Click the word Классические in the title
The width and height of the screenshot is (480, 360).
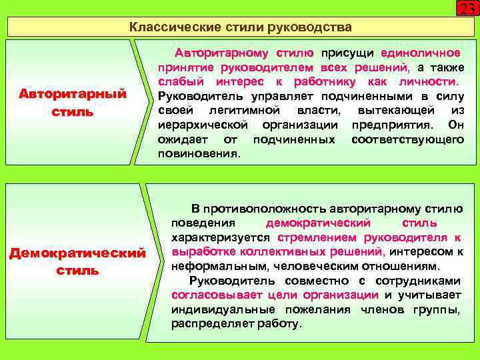coord(165,27)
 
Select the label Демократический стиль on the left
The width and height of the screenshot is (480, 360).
coord(77,262)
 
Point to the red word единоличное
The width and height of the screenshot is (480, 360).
coord(419,53)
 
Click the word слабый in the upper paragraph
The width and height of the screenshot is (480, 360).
coord(177,81)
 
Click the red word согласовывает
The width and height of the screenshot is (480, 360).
coord(217,295)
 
